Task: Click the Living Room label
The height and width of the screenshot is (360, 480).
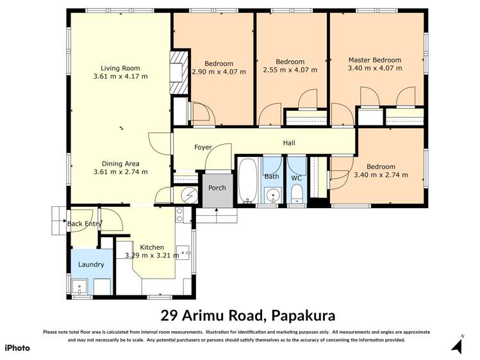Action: click(x=120, y=68)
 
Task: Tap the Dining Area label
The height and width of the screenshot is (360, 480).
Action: click(x=120, y=163)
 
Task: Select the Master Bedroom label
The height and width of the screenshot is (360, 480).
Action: click(x=374, y=60)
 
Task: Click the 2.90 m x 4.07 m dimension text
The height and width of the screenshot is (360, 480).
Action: click(x=219, y=72)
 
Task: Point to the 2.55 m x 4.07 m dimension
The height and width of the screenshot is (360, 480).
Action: click(x=290, y=70)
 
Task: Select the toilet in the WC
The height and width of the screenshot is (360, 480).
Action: click(x=297, y=192)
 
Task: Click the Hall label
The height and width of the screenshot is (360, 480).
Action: click(x=289, y=143)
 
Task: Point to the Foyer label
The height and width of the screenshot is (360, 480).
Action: click(x=203, y=147)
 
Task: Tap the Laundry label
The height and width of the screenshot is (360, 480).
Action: click(x=91, y=265)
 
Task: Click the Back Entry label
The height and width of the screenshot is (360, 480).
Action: click(x=84, y=224)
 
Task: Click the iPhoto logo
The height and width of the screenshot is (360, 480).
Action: click(x=17, y=348)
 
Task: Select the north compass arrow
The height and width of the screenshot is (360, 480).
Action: click(x=456, y=346)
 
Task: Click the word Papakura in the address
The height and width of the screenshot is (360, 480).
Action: click(x=303, y=315)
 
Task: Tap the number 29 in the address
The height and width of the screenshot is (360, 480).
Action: click(x=167, y=315)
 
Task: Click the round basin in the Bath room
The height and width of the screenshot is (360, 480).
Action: click(x=272, y=195)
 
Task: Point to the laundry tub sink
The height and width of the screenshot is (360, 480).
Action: click(x=81, y=286)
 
